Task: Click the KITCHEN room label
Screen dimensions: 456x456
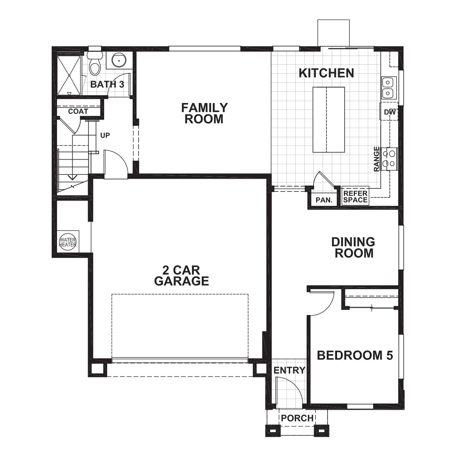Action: pos(326,73)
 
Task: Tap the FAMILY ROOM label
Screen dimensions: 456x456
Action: pos(204,113)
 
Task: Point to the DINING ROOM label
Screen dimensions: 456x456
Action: pos(353,247)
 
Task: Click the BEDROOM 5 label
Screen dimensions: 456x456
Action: pos(355,356)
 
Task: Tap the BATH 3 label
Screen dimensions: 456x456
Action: pos(107,84)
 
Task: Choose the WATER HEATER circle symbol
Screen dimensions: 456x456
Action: pos(68,242)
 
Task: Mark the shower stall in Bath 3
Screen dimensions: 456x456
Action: pos(69,75)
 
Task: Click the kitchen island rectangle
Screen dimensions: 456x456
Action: pos(329,119)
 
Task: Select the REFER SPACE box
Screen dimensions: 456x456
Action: pos(355,196)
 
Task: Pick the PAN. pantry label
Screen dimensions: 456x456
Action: pos(324,200)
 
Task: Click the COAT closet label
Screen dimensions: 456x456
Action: pos(78,111)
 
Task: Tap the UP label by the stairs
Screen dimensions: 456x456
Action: pos(105,135)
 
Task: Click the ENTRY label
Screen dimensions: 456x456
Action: pos(290,370)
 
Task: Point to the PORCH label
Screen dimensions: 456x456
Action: pos(297,418)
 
